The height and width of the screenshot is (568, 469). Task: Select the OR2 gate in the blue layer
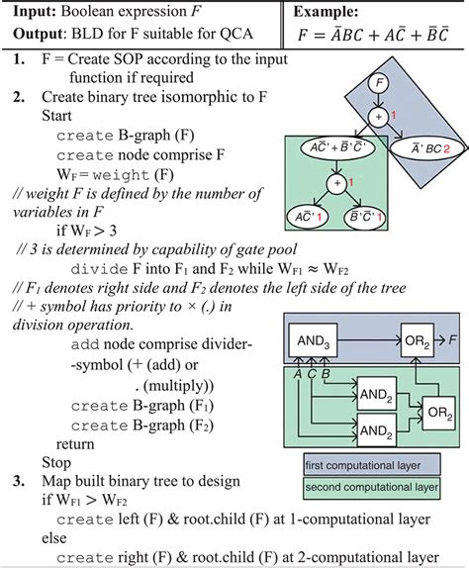(417, 339)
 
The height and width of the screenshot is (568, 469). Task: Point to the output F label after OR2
(453, 339)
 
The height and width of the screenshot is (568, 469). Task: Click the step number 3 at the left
(20, 481)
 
